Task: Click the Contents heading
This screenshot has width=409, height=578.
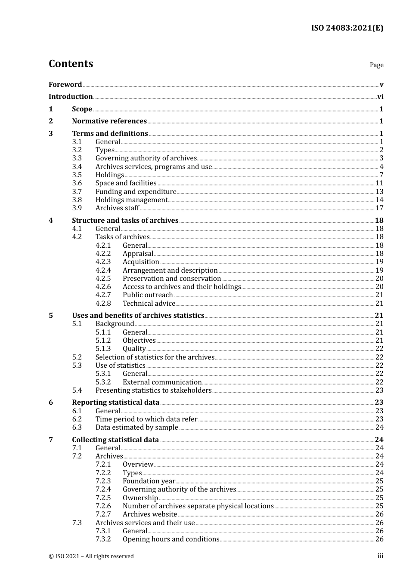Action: tap(71, 64)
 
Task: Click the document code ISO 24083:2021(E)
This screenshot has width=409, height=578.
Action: tap(347, 28)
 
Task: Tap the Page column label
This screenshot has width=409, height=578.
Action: tap(376, 65)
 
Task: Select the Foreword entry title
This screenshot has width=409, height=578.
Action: tap(65, 85)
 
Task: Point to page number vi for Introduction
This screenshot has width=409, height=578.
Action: tap(380, 97)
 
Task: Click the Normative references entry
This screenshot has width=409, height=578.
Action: tap(109, 121)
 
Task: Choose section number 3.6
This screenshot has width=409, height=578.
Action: tap(77, 183)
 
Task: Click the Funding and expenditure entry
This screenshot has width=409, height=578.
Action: tap(136, 192)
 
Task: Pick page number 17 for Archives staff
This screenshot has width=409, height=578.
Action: tap(379, 208)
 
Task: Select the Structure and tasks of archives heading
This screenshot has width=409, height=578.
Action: tap(125, 221)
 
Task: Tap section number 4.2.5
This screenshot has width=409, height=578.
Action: tap(103, 279)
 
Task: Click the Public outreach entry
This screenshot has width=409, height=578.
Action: tap(148, 295)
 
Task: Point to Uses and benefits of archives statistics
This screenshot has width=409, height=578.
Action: tap(138, 316)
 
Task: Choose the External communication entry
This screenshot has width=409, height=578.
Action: tap(162, 382)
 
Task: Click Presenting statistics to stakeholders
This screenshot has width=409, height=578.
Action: tap(153, 390)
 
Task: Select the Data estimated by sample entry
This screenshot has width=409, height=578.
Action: tap(136, 427)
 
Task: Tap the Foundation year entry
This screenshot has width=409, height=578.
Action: tap(149, 481)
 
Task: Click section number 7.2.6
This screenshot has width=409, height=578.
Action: tap(103, 506)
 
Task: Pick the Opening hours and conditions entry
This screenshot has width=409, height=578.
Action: tap(171, 539)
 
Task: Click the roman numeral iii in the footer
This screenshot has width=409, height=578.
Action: tap(380, 556)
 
